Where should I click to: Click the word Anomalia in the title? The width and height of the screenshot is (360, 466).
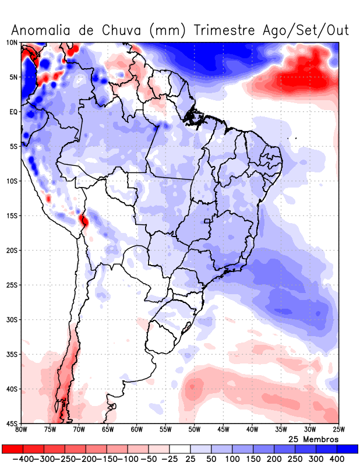37,30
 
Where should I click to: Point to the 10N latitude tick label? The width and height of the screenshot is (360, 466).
12,43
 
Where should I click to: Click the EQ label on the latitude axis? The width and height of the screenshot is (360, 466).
13,111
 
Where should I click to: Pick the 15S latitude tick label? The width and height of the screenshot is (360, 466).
12,216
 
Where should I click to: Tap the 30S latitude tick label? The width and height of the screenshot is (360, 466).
12,319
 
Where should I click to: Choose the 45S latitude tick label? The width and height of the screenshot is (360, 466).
12,423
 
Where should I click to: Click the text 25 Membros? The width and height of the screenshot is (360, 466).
313,439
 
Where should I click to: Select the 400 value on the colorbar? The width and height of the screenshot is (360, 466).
337,459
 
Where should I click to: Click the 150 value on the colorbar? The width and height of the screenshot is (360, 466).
253,459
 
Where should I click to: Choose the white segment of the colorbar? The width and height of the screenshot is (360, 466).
180,449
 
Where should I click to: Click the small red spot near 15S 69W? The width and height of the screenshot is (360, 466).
84,220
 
